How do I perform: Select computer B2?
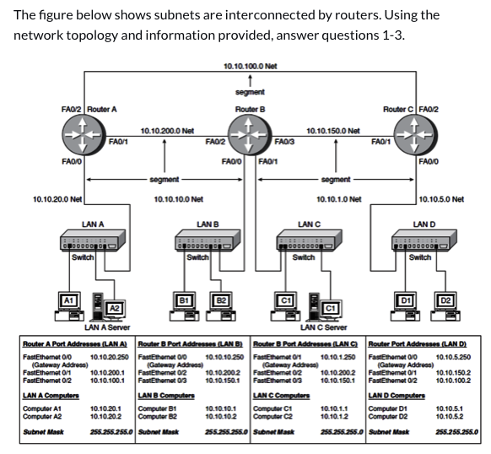pos(221,301)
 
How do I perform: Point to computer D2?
pos(446,301)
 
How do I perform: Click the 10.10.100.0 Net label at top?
pos(250,66)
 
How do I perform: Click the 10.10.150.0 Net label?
pos(333,131)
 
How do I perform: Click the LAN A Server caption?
pos(106,327)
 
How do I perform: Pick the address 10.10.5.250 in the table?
pos(454,357)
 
